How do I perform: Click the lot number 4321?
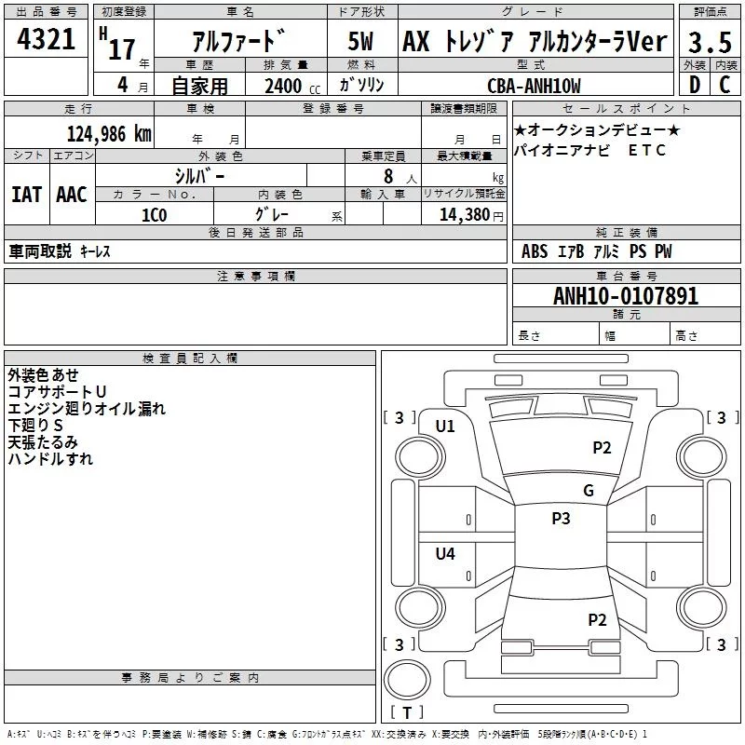click(46, 39)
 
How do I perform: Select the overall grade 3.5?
click(710, 42)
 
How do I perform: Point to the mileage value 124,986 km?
click(109, 134)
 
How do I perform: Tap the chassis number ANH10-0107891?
click(626, 295)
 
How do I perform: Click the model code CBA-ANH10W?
click(534, 86)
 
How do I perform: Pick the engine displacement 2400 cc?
click(292, 86)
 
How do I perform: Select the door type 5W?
click(360, 41)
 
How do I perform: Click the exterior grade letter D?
click(695, 85)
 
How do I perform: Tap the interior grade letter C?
click(725, 85)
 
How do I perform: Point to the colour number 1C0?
click(155, 215)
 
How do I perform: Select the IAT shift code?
click(27, 195)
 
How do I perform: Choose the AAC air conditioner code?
click(72, 195)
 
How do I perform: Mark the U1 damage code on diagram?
click(445, 427)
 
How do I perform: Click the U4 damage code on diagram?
click(445, 553)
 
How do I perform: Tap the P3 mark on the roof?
click(561, 518)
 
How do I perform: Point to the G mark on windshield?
click(589, 490)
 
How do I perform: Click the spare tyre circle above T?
click(407, 680)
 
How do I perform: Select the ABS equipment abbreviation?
click(535, 251)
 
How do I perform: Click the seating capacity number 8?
click(388, 176)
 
